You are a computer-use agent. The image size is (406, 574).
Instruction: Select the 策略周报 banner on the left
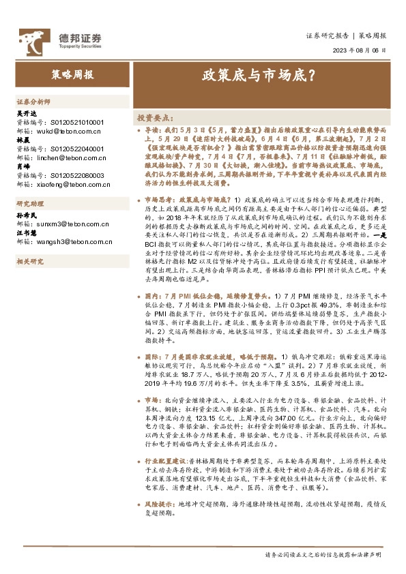(71, 74)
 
